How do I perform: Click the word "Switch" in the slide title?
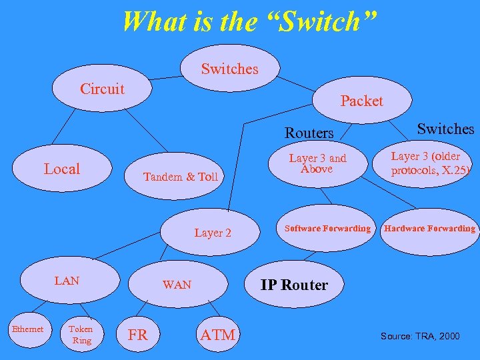click(327, 21)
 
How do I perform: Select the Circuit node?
click(102, 89)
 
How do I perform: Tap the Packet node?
click(361, 101)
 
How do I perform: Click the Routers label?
click(309, 133)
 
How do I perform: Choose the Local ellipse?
click(61, 169)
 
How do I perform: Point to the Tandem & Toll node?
click(181, 177)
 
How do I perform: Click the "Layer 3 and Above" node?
click(318, 163)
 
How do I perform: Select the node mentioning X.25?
click(430, 164)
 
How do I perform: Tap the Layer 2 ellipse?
click(213, 233)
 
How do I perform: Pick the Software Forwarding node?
click(327, 229)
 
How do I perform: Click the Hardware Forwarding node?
click(429, 229)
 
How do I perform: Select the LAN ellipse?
click(67, 281)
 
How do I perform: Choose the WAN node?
click(177, 285)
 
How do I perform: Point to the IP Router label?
click(294, 285)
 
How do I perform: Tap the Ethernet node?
click(27, 329)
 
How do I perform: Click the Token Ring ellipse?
click(81, 335)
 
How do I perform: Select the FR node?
click(137, 335)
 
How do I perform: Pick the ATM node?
click(217, 335)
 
